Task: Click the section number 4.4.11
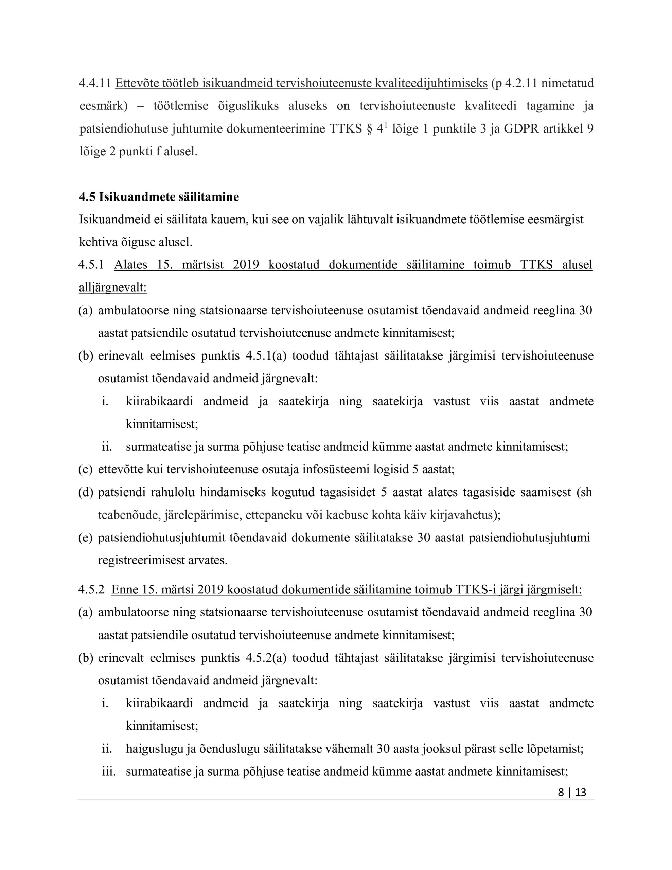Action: point(95,83)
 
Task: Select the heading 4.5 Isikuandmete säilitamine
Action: point(159,197)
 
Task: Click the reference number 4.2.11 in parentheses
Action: point(520,83)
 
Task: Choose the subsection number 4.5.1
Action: point(91,265)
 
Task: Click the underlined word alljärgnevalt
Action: point(113,288)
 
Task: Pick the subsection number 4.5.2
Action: point(91,589)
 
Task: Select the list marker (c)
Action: point(85,469)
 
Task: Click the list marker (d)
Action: point(85,492)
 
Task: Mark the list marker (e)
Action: point(85,538)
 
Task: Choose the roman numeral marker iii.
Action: point(108,771)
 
